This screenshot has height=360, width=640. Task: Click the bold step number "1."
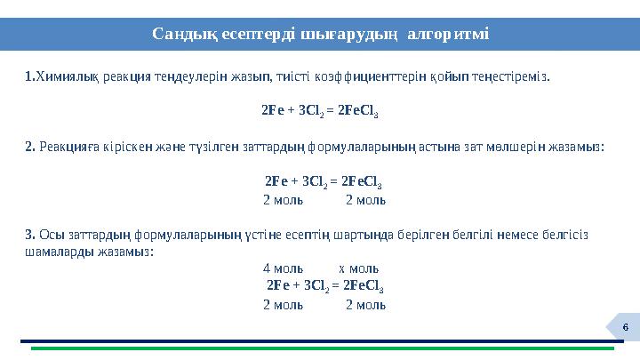[x=29, y=76]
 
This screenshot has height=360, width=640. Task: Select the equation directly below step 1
[x=321, y=113]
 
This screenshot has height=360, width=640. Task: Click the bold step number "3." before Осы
[x=30, y=235]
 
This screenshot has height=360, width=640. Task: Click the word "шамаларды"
[x=56, y=252]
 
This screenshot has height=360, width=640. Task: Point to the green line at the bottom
[x=320, y=348]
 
